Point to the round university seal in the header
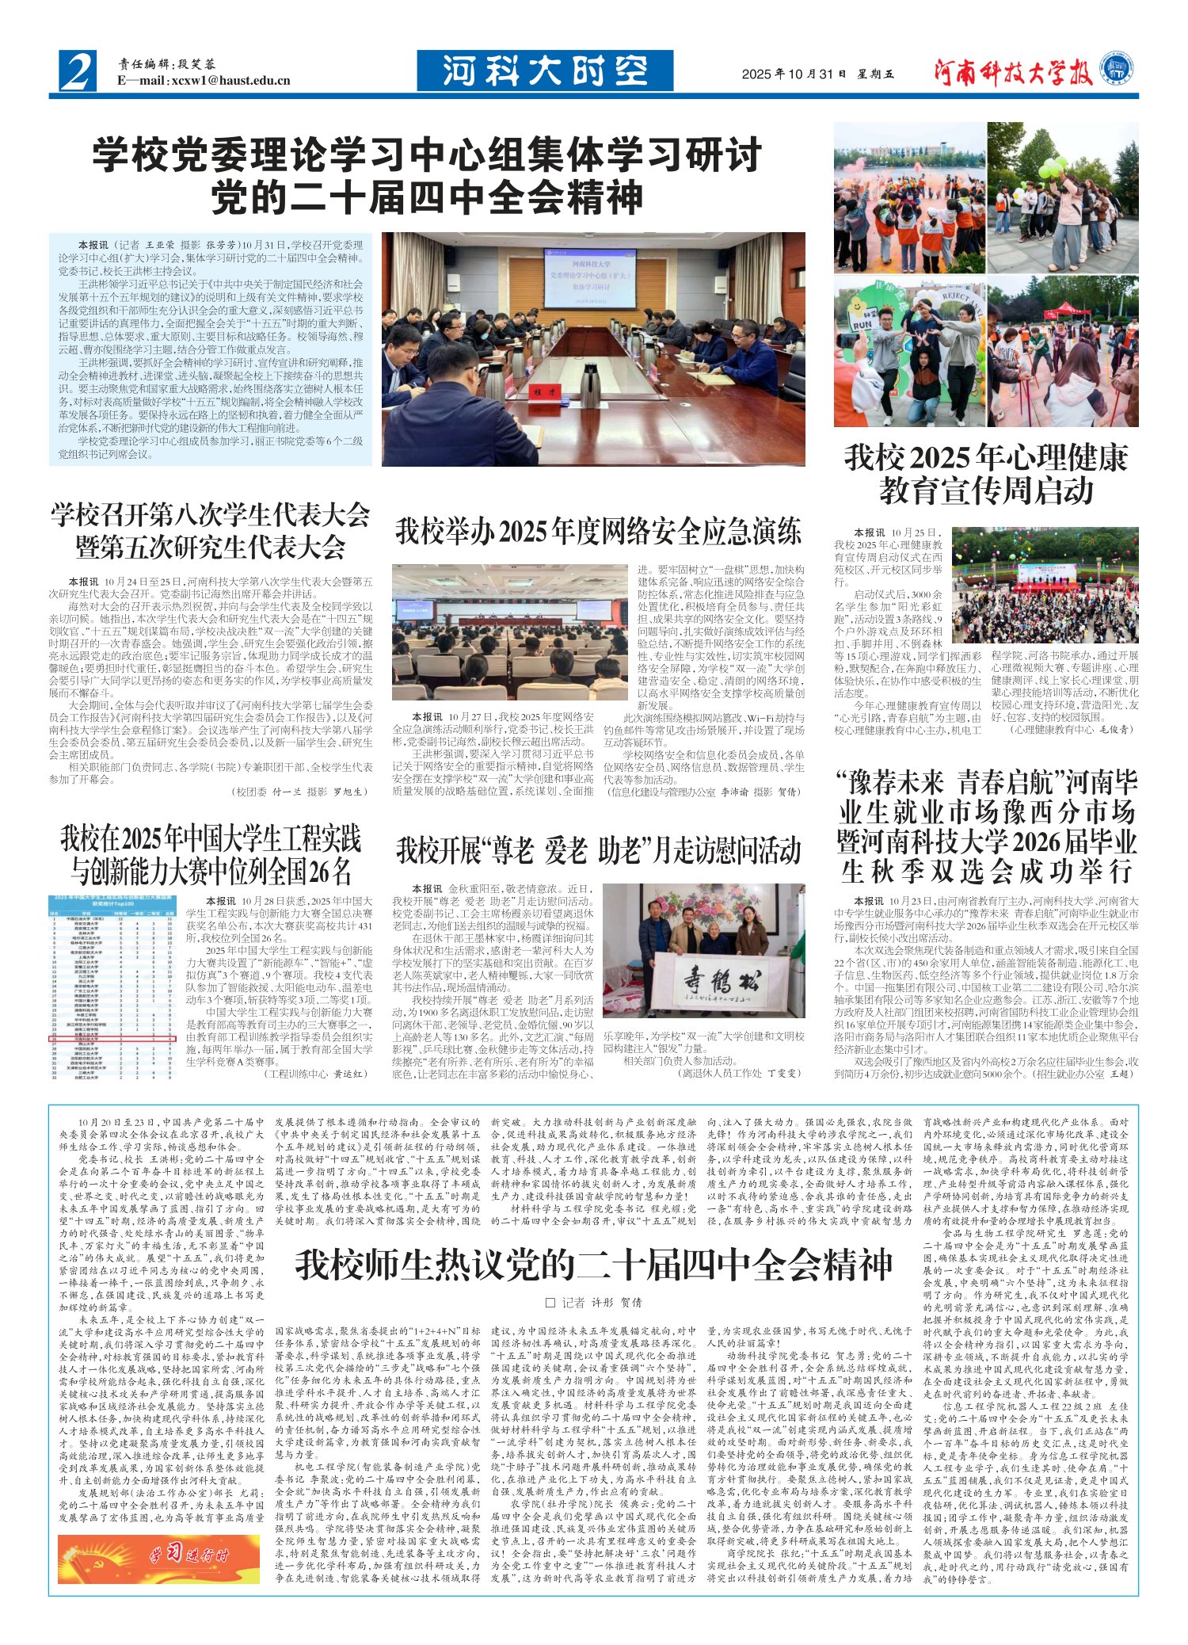1118,67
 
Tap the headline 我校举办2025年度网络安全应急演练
599,532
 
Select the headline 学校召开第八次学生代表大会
211,515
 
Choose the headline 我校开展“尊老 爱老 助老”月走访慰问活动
599,850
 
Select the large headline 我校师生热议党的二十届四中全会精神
593,1265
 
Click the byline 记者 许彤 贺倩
593,1303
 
